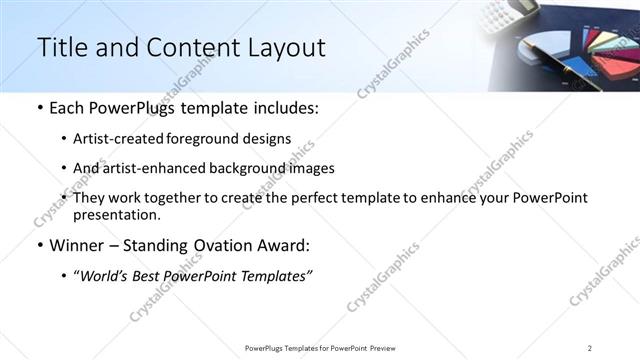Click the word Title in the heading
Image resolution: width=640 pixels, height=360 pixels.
click(58, 47)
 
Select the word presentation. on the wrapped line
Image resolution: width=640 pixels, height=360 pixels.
click(116, 214)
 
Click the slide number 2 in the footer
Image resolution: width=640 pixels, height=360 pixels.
click(590, 348)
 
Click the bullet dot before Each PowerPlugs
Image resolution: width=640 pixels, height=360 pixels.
click(39, 108)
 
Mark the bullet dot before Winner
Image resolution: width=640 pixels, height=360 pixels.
click(39, 245)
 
